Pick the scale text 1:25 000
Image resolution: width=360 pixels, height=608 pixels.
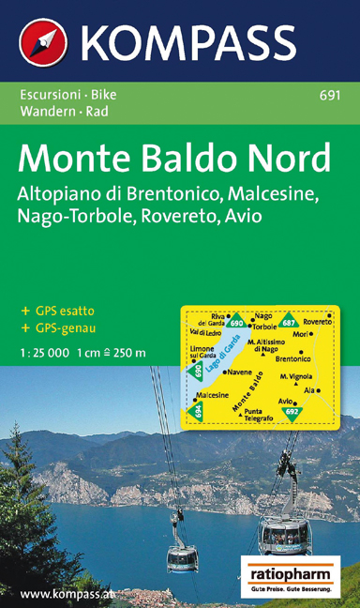pyautogui.click(x=44, y=353)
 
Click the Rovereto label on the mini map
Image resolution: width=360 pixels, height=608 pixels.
pyautogui.click(x=316, y=322)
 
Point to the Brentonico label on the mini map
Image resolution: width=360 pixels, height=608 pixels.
pyautogui.click(x=293, y=357)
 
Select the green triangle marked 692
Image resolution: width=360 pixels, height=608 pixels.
pyautogui.click(x=292, y=412)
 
